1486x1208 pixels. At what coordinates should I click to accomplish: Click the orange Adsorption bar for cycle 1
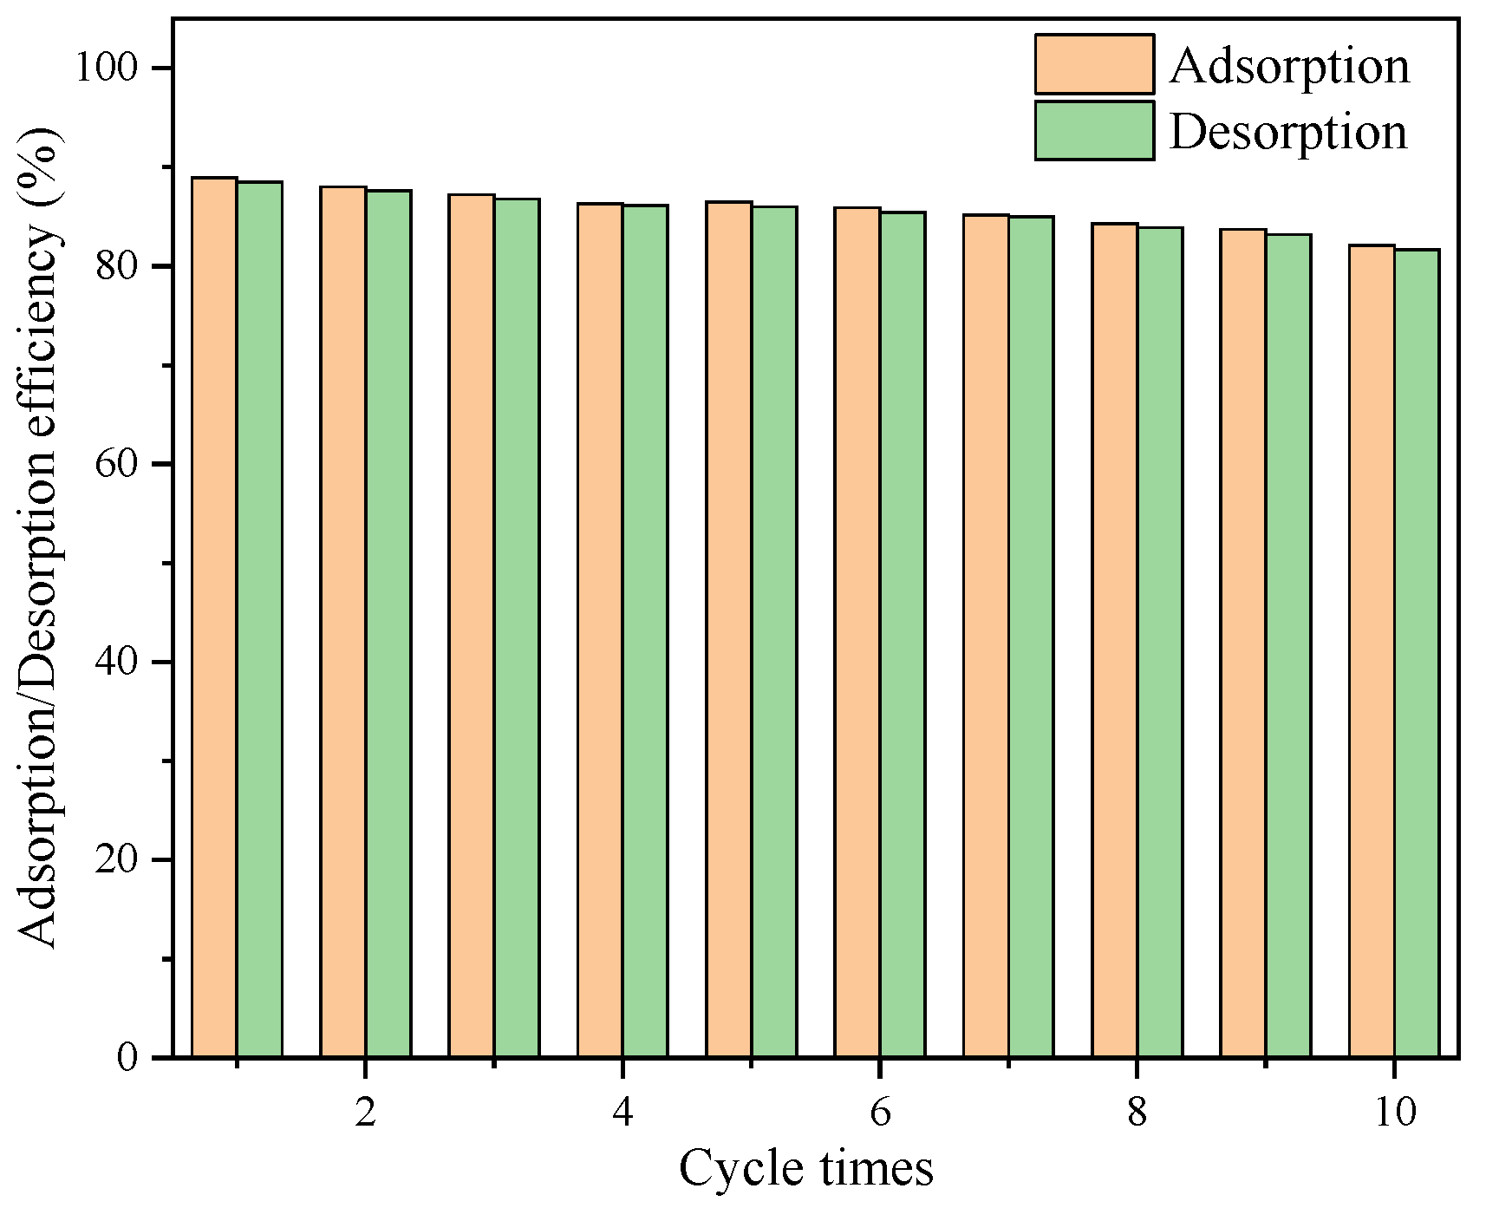click(214, 617)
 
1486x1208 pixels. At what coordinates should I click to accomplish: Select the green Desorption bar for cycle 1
click(259, 619)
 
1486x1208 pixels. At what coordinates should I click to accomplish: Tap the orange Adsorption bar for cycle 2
click(342, 621)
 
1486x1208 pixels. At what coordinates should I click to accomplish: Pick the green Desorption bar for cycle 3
click(517, 628)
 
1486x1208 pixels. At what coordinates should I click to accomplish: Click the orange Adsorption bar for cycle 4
click(600, 630)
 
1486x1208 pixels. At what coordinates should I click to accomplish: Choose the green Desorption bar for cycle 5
click(774, 631)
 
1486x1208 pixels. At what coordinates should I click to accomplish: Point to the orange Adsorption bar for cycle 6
click(857, 632)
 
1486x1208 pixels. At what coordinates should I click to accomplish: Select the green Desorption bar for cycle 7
click(1032, 637)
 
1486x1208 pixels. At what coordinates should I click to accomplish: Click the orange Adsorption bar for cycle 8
click(1115, 640)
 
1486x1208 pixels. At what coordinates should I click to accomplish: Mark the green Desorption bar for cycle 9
click(1288, 645)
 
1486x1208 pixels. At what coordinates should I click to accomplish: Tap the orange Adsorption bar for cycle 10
click(1372, 650)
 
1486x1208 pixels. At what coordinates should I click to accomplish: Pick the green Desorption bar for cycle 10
click(1417, 653)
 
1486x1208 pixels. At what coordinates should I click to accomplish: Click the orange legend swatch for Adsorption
click(1094, 64)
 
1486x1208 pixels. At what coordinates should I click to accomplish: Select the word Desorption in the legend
click(1288, 132)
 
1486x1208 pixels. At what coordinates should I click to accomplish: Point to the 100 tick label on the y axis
click(108, 68)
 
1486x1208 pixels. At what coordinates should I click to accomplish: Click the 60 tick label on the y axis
click(118, 464)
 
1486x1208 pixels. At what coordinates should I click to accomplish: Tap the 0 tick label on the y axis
click(128, 1058)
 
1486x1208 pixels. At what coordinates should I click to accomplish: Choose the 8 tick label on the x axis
click(1137, 1112)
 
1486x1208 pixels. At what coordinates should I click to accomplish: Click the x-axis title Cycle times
click(806, 1168)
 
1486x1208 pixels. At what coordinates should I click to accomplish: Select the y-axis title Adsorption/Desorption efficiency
click(40, 538)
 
